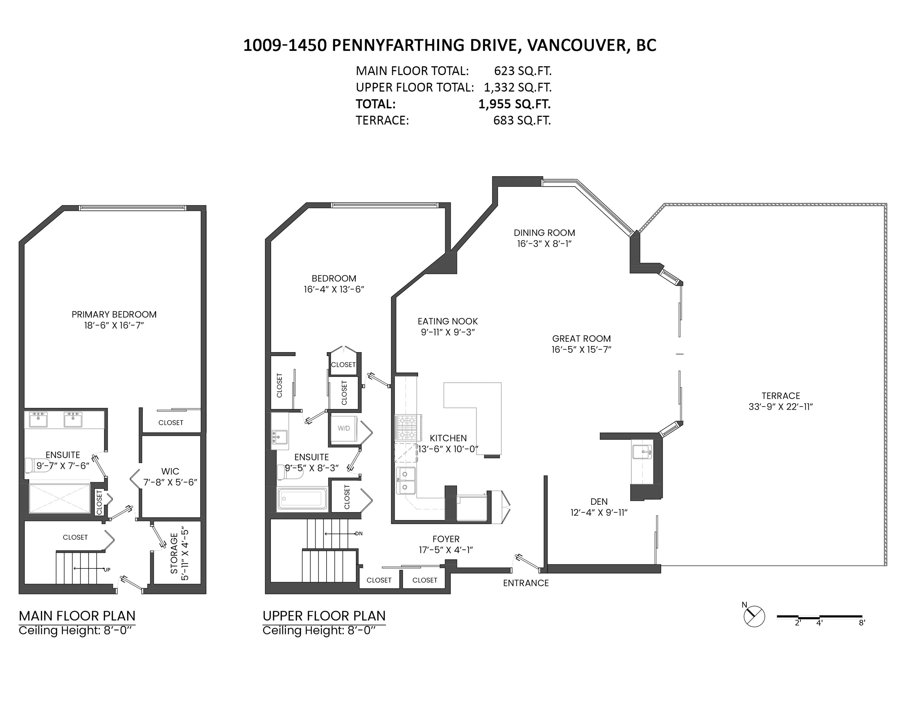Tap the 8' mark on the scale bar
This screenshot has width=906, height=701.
[862, 623]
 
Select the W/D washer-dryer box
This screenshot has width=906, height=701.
[344, 428]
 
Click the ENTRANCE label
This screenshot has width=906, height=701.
[526, 583]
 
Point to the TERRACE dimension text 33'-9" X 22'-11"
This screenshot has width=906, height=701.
[780, 407]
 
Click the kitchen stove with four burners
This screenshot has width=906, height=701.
[407, 427]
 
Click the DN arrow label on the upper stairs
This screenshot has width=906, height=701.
[358, 534]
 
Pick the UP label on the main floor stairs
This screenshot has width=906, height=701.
[107, 570]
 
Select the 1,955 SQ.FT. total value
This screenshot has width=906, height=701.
[514, 104]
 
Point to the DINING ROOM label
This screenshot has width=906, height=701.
[544, 233]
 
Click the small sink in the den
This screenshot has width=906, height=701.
[642, 452]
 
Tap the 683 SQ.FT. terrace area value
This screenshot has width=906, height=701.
[522, 120]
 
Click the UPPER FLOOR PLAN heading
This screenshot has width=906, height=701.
[324, 616]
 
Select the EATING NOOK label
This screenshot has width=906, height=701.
[448, 321]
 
